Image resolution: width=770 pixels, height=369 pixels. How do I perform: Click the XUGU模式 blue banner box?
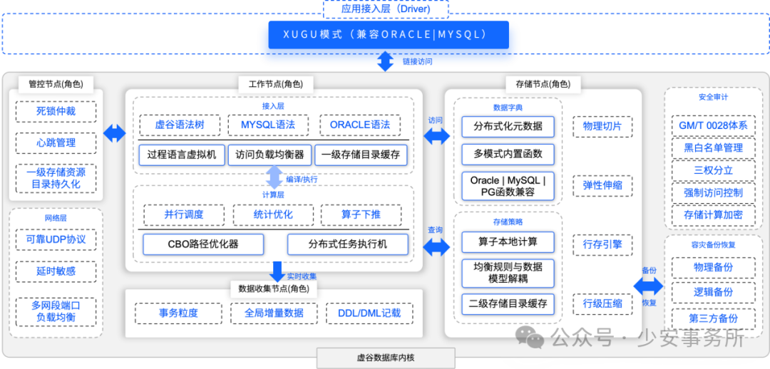click(389, 34)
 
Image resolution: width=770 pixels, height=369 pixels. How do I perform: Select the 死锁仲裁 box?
click(56, 111)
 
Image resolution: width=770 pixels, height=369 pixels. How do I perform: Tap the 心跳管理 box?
click(56, 142)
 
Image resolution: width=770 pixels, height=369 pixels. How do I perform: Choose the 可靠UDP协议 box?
click(56, 239)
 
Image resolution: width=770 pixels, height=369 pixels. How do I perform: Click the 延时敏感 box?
click(56, 271)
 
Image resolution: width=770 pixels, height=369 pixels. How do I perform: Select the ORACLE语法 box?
click(359, 125)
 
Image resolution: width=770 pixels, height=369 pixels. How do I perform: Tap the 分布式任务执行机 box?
click(348, 244)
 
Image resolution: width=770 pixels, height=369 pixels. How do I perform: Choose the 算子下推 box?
click(361, 214)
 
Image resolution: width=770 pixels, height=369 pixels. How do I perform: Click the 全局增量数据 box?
click(274, 313)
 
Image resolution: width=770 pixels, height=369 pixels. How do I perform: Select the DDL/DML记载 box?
click(369, 313)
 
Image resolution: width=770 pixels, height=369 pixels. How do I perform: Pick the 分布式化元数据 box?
click(508, 127)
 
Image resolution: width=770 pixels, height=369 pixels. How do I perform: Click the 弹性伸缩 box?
click(602, 186)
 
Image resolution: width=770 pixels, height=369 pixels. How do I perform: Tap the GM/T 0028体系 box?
click(713, 125)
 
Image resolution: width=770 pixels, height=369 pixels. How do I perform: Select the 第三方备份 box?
click(713, 318)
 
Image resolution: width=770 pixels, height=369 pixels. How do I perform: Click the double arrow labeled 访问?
click(436, 135)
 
